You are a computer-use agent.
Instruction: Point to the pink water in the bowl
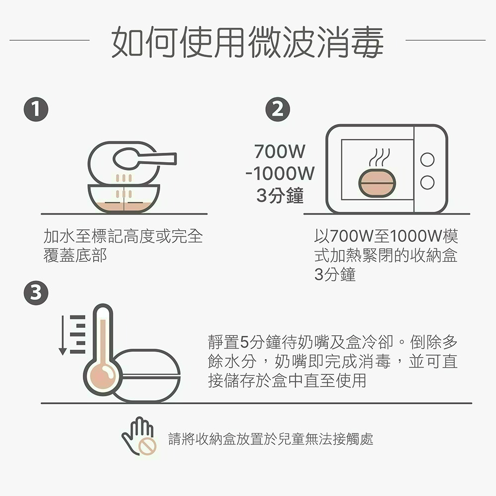tap(124, 204)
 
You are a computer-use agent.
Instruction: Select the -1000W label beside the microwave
tap(279, 174)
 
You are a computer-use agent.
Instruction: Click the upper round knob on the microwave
tap(427, 160)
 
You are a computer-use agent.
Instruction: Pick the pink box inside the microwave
tap(377, 183)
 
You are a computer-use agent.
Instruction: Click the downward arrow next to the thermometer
tap(62, 335)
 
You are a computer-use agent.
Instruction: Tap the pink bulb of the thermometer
tap(103, 373)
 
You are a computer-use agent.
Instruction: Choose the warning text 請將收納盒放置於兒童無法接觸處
tap(271, 439)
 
